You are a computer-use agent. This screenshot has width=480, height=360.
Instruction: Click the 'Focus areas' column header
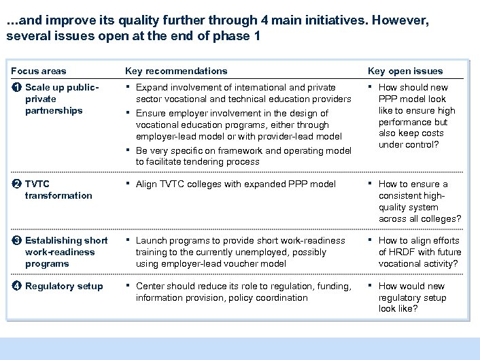coord(39,71)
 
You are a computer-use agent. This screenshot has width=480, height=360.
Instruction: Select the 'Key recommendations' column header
coord(176,71)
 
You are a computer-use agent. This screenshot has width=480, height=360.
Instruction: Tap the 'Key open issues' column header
coord(405,71)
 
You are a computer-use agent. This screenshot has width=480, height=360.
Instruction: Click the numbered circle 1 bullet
coord(16,87)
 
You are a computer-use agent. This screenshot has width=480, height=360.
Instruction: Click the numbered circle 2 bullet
coord(16,184)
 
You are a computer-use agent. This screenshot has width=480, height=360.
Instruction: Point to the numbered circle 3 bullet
coord(16,240)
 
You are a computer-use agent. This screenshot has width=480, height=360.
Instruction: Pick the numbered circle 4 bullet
coord(16,286)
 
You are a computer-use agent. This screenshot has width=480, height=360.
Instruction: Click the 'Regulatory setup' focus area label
coord(64,286)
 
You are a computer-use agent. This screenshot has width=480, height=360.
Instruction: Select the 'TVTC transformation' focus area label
coord(58,190)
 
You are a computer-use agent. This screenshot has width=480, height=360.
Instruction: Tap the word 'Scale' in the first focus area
coord(38,87)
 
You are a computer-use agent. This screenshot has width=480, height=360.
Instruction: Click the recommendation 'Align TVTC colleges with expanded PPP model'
coord(235,184)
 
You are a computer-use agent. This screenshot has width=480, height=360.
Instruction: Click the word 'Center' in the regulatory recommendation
coord(152,286)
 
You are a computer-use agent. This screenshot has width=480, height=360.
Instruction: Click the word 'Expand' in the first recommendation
coord(151,87)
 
